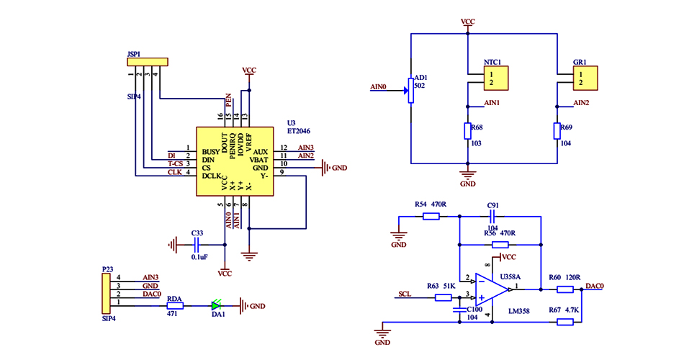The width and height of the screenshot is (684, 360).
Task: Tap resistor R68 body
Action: [x=468, y=130]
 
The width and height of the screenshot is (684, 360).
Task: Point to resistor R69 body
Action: [x=557, y=130]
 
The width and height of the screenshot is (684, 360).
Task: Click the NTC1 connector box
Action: [x=496, y=77]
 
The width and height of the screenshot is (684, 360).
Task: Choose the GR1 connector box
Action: [x=586, y=77]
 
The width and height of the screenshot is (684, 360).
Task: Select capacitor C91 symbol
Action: [x=493, y=216]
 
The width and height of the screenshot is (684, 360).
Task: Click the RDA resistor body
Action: [x=174, y=306]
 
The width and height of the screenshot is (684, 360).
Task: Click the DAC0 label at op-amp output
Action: [x=595, y=286]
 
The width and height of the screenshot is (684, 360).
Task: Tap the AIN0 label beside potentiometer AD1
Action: [x=379, y=87]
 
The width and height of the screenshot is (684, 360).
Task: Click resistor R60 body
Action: [x=564, y=289]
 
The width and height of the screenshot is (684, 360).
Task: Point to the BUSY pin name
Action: [x=211, y=152]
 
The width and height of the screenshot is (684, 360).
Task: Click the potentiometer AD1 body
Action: [x=410, y=89]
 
